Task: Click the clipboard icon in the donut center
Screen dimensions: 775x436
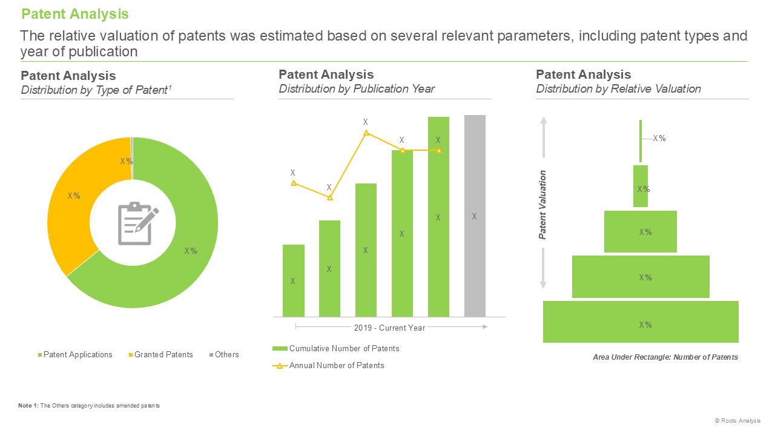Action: (137, 223)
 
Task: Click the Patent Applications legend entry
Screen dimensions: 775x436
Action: (75, 355)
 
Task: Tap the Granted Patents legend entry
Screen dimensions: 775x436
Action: (161, 355)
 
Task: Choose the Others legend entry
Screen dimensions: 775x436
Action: (224, 355)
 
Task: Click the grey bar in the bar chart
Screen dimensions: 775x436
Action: (475, 216)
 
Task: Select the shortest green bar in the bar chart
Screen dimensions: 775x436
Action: (294, 280)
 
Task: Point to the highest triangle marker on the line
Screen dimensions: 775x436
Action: (366, 133)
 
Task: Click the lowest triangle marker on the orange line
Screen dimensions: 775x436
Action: (330, 197)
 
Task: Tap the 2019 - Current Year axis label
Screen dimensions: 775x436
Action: (389, 328)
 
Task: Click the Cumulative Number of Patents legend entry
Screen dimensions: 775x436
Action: (336, 348)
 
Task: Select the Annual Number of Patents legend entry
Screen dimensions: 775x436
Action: (328, 365)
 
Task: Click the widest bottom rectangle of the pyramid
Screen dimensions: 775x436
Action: (641, 322)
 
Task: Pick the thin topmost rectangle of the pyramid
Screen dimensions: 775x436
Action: (641, 141)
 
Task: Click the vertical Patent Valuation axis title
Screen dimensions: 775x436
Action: (542, 205)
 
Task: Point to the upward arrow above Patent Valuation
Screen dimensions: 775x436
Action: (544, 137)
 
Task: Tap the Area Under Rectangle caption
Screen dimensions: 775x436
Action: (665, 357)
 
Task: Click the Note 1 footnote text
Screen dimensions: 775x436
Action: (89, 406)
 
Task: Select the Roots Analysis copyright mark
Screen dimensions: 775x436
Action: (737, 421)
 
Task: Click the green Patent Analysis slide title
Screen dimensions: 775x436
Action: (74, 14)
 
